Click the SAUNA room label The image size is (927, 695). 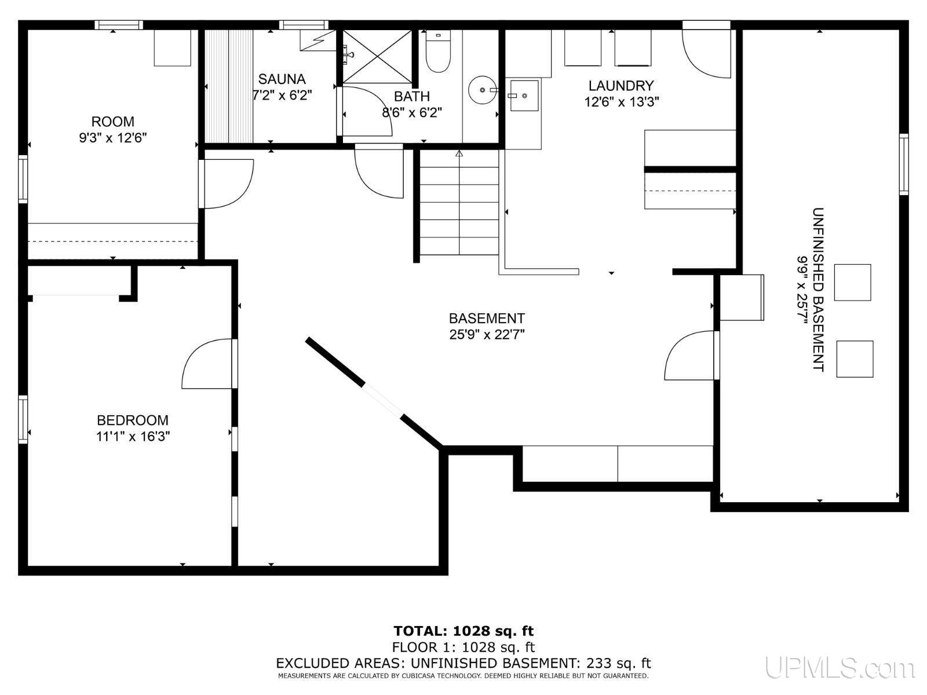click(282, 79)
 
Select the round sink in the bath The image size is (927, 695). click(483, 90)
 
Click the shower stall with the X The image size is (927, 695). click(377, 56)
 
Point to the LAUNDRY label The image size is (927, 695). click(621, 86)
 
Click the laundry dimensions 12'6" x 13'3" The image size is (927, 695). click(621, 102)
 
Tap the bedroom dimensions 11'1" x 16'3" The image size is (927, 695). click(133, 436)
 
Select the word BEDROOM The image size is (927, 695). click(133, 420)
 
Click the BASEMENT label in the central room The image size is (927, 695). click(487, 318)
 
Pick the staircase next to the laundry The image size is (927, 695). click(459, 203)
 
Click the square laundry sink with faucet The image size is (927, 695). click(524, 96)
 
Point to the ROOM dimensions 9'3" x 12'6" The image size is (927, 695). click(113, 138)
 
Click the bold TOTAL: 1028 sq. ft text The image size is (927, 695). click(463, 631)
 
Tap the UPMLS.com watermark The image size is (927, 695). click(841, 668)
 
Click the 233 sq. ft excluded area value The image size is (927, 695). click(618, 663)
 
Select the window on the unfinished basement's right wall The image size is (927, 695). click(903, 164)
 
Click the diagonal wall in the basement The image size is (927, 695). click(375, 393)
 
